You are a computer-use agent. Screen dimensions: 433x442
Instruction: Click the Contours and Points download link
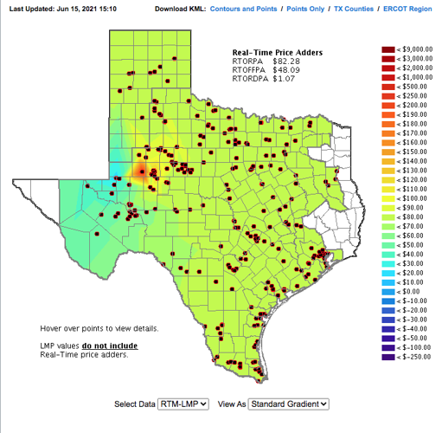tap(247, 8)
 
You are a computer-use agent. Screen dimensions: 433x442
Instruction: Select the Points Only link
tap(316, 8)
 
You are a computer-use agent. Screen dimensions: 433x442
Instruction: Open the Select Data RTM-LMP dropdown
tap(185, 404)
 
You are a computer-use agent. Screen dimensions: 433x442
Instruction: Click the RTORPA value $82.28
tap(286, 62)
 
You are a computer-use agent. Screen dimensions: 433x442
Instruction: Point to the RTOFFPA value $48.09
tap(286, 71)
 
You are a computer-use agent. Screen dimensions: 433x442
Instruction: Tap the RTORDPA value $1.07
tap(284, 80)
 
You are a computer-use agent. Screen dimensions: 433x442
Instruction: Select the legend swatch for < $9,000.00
tap(386, 49)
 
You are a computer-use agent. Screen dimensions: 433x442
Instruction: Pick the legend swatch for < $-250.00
tap(386, 357)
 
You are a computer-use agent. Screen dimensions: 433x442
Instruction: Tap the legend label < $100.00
tap(413, 198)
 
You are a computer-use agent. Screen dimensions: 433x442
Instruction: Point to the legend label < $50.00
tap(411, 245)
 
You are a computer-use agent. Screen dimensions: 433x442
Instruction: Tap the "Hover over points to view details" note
tap(99, 329)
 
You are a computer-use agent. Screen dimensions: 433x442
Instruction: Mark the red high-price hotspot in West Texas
tap(141, 171)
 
